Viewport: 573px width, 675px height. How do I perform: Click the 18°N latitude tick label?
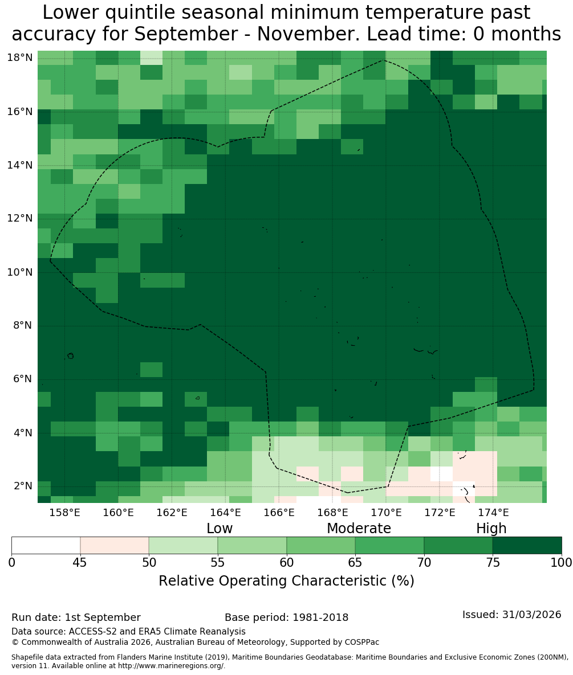[x=20, y=58]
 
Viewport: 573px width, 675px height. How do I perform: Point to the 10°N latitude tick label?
[x=20, y=272]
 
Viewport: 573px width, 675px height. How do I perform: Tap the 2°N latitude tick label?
[x=23, y=486]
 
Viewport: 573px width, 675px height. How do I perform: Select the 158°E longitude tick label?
[x=65, y=512]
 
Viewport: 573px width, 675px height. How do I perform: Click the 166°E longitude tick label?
[x=279, y=512]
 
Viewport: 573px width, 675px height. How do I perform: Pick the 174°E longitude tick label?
[x=494, y=512]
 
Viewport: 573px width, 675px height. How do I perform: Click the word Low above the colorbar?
[x=220, y=528]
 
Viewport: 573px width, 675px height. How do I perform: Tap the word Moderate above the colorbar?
[x=359, y=528]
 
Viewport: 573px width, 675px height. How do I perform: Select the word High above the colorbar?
[x=491, y=529]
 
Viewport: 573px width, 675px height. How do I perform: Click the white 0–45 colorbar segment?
[x=46, y=546]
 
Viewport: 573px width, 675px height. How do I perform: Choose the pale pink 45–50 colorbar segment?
[x=115, y=546]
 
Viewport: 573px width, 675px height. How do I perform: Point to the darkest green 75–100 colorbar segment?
[x=527, y=546]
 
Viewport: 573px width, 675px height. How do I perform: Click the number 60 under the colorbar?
[x=286, y=563]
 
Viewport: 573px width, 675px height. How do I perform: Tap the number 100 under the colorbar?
[x=562, y=563]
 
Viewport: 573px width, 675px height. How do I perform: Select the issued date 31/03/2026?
[x=531, y=614]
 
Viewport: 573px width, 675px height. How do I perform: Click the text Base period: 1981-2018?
[x=286, y=617]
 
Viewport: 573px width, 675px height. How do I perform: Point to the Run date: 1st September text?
[x=76, y=617]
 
